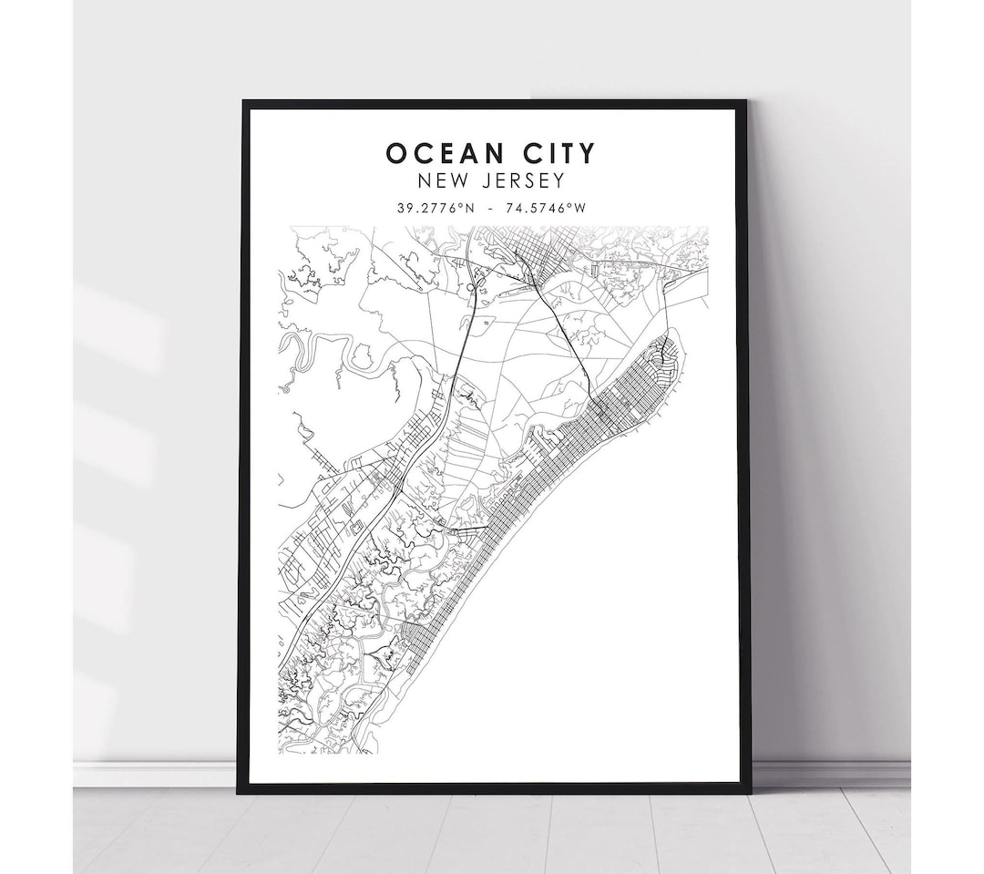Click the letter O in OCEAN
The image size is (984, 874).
point(395,152)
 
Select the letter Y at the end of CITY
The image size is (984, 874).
point(588,152)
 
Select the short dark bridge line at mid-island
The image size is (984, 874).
point(469,528)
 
